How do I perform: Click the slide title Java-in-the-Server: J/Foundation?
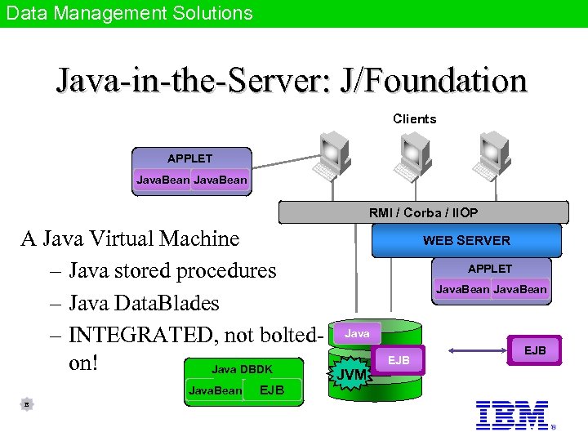click(x=292, y=80)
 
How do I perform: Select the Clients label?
click(x=414, y=119)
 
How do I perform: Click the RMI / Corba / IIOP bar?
click(x=423, y=212)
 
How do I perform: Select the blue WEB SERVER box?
click(x=466, y=240)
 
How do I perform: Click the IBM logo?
click(x=512, y=414)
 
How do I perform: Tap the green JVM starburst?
click(x=352, y=375)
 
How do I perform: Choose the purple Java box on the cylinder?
click(x=357, y=333)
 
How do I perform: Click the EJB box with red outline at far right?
click(x=535, y=350)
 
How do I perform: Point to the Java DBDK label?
click(x=242, y=369)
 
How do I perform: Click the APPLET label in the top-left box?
click(x=189, y=158)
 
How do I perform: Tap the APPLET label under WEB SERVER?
click(x=490, y=269)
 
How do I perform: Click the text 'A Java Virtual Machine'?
click(x=130, y=238)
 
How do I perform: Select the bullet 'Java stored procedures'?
click(x=171, y=270)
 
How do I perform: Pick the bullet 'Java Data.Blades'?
click(x=144, y=303)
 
